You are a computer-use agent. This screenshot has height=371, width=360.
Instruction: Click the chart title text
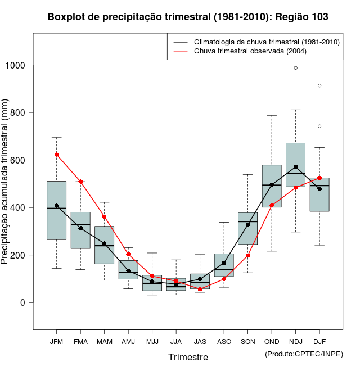[188, 17]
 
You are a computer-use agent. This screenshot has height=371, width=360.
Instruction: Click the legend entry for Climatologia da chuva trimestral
[266, 42]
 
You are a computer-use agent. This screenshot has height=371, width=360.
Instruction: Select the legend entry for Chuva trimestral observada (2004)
[251, 51]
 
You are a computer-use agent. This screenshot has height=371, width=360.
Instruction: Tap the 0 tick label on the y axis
[23, 302]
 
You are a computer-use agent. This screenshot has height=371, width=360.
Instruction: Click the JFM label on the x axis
[56, 342]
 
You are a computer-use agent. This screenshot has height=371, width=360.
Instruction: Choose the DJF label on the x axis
[319, 342]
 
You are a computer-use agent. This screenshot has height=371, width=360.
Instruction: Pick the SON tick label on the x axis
[247, 342]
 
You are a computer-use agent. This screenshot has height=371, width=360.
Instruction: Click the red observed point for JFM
[56, 155]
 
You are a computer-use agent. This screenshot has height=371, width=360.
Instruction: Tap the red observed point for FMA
[80, 182]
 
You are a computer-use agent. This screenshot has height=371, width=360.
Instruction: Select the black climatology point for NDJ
[295, 167]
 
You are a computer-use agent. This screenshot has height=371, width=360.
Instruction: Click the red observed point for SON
[247, 255]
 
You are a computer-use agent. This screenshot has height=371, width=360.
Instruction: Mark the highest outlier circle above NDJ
[295, 68]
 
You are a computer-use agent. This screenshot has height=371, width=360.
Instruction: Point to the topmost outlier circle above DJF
[319, 85]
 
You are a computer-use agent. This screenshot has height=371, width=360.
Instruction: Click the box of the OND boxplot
[272, 186]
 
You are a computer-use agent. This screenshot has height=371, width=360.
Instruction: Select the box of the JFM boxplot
[56, 210]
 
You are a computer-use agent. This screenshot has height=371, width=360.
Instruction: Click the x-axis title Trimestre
[188, 357]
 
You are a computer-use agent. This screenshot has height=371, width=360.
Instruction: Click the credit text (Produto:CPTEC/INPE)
[304, 354]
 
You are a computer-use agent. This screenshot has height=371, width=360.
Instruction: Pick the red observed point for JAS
[200, 289]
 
